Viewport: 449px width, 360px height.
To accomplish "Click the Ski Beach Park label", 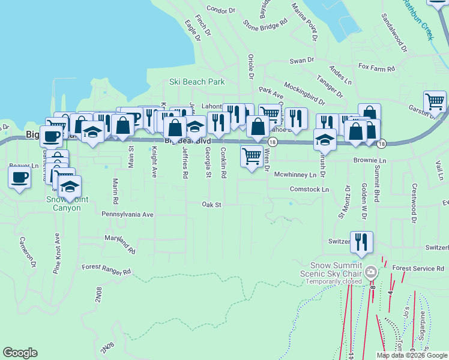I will point(196,82).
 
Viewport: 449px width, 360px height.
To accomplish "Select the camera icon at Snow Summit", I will point(372,272).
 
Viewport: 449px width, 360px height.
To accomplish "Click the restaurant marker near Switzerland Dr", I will point(361,242).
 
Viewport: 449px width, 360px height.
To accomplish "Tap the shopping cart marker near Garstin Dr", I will point(435,102).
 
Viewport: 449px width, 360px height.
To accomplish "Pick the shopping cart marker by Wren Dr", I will point(252,157).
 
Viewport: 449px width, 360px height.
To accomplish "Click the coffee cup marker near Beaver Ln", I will point(19,177).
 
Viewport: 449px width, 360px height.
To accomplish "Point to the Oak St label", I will point(212,205).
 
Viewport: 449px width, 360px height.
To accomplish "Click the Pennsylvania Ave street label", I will point(128,214).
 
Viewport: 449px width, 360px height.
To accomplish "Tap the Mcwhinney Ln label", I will point(295,175).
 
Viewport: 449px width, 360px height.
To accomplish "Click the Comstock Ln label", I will point(310,190).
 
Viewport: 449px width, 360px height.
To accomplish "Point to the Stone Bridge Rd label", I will point(265,23).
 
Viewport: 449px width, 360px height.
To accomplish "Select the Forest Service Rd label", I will point(418,268).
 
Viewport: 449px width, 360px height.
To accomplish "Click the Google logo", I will point(20,353).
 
